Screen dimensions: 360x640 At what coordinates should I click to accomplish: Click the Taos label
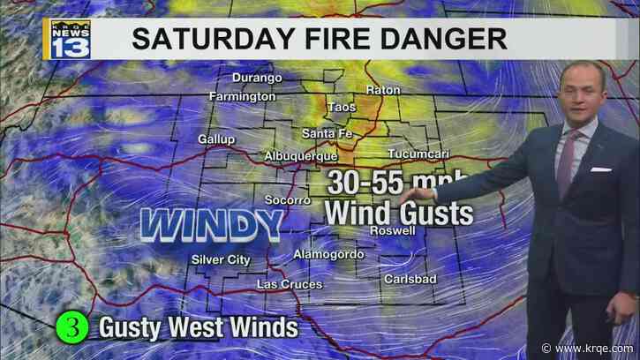[341, 108]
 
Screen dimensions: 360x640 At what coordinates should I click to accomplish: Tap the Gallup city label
[217, 139]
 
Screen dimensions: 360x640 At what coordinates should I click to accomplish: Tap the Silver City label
[221, 259]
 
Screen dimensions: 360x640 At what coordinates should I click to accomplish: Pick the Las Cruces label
[286, 284]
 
